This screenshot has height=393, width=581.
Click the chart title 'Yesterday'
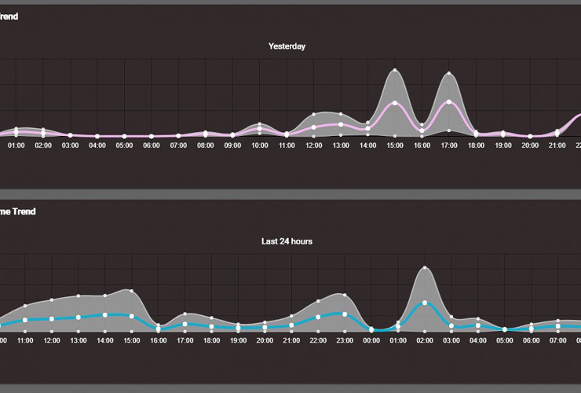pyautogui.click(x=287, y=46)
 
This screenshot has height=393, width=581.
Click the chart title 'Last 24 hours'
pyautogui.click(x=287, y=241)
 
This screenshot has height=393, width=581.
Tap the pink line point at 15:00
pyautogui.click(x=395, y=103)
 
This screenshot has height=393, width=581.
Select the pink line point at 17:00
pyautogui.click(x=449, y=102)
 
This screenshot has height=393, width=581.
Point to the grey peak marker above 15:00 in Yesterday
pyautogui.click(x=395, y=71)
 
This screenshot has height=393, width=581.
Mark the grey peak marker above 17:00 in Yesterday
pyautogui.click(x=449, y=74)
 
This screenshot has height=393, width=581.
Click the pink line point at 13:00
pyautogui.click(x=341, y=124)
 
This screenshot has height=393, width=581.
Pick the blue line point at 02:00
pyautogui.click(x=425, y=303)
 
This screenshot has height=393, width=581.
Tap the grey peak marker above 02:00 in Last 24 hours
pyautogui.click(x=425, y=267)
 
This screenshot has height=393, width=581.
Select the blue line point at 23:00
pyautogui.click(x=343, y=314)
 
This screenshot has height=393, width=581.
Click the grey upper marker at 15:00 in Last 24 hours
pyautogui.click(x=131, y=290)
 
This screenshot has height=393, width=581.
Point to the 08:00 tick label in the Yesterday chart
pyautogui.click(x=206, y=145)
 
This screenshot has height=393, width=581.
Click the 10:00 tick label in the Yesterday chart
pyautogui.click(x=260, y=145)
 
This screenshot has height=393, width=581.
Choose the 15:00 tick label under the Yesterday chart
pyautogui.click(x=395, y=145)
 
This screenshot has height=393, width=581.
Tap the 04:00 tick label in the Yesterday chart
pyautogui.click(x=97, y=145)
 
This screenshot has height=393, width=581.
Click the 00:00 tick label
pyautogui.click(x=372, y=340)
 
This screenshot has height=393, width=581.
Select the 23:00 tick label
pyautogui.click(x=343, y=340)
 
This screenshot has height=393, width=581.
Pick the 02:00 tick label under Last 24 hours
pyautogui.click(x=425, y=340)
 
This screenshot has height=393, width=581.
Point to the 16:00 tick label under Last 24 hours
pyautogui.click(x=158, y=340)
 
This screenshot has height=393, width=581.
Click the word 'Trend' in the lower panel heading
pyautogui.click(x=24, y=211)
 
